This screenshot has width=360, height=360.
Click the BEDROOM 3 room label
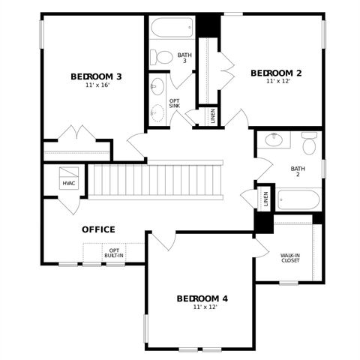tap(97, 76)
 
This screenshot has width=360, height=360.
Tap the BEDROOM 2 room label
tap(276, 73)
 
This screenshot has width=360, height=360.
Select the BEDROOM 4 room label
tap(202, 298)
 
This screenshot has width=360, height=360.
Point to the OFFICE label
tap(98, 229)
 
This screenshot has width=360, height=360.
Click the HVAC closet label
tap(69, 183)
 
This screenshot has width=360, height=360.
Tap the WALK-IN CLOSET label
tap(291, 257)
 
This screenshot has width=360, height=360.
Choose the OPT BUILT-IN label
tap(115, 253)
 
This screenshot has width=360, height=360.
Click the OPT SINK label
tap(175, 103)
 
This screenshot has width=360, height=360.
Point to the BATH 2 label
tap(298, 172)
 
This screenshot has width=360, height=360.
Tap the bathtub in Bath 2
tap(298, 200)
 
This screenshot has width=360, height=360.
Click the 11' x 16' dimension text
tap(97, 85)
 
